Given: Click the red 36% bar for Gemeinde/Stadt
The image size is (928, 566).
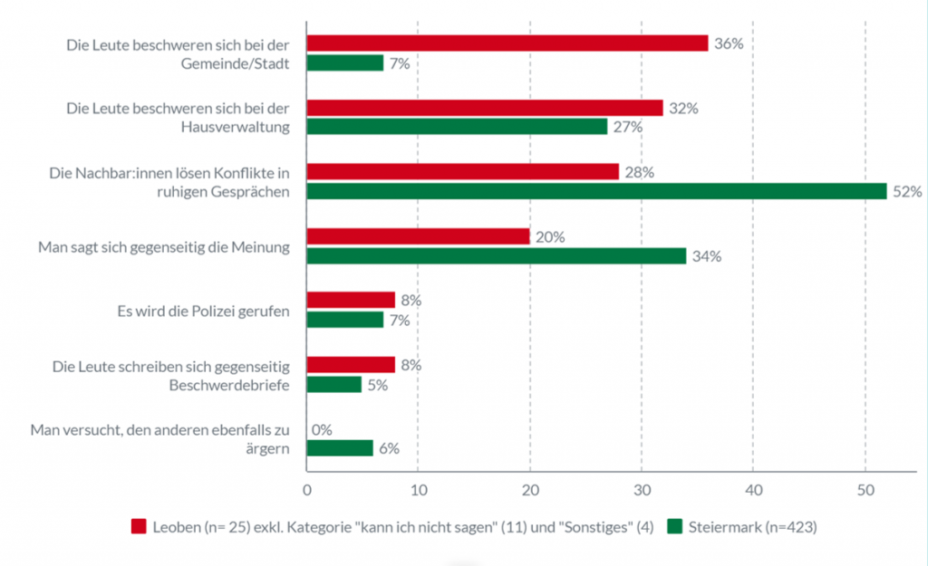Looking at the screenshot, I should tap(507, 43).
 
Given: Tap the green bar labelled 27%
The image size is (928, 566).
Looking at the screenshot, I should tap(457, 127).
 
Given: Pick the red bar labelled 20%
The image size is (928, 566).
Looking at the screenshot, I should tap(418, 236).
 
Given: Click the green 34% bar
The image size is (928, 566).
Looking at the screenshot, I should tap(496, 256).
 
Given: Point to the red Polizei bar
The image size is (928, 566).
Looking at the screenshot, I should tap(351, 301).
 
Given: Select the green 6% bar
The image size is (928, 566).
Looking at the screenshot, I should tap(340, 448).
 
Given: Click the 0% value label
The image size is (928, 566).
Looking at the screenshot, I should tap(323, 430).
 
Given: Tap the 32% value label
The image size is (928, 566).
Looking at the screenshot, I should tap(683, 108).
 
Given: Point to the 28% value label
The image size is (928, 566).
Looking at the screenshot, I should tap(639, 172).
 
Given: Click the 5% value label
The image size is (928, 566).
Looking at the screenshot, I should tap(378, 385).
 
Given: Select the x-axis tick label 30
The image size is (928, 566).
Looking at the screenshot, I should tap(642, 490).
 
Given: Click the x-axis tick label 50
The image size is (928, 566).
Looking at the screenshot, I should tap(865, 490).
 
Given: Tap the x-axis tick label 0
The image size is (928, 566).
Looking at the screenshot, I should tap(307, 490).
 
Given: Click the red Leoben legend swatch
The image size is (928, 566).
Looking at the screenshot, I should tap(139, 526).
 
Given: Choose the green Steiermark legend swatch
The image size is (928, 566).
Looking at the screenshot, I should tap(675, 526).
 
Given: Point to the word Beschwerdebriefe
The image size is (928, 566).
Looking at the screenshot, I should tap(230, 385).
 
